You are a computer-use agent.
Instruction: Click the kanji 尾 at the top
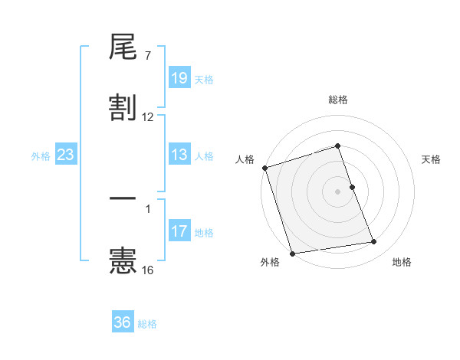[123, 48]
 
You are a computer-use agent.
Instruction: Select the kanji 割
[123, 108]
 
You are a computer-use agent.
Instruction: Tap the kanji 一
[123, 198]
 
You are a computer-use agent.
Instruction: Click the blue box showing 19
[179, 77]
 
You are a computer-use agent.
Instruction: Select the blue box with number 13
[179, 155]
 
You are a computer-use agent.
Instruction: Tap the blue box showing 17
[179, 231]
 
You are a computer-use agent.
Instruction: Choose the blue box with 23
[66, 155]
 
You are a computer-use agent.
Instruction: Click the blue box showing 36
[123, 322]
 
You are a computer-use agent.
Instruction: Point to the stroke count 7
[148, 56]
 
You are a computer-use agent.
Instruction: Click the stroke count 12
[148, 117]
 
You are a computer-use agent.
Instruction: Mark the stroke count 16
[148, 270]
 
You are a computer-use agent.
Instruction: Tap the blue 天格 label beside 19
[204, 79]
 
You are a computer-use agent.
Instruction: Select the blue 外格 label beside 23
[41, 156]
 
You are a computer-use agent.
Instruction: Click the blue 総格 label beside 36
[147, 324]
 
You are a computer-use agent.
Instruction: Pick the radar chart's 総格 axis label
[338, 100]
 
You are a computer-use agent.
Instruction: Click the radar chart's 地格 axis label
[402, 263]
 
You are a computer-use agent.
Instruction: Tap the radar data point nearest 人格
[264, 168]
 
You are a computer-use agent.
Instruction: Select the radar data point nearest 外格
[292, 253]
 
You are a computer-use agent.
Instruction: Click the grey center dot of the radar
[338, 191]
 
